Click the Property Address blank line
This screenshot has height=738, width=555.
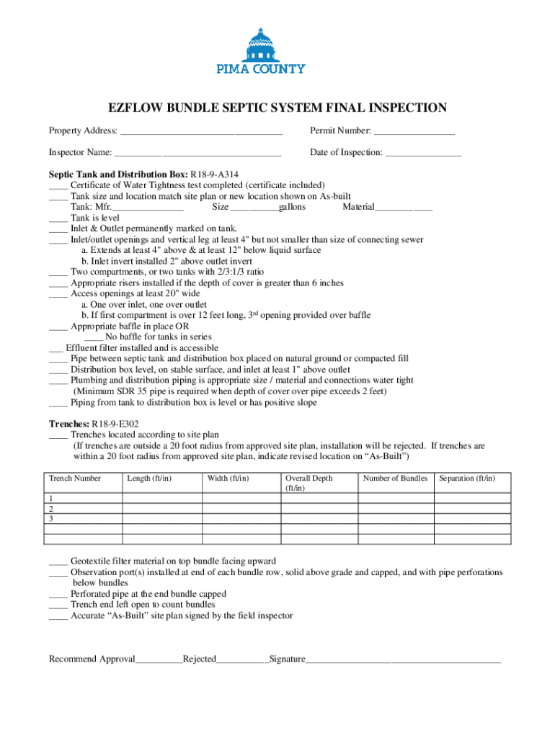201,132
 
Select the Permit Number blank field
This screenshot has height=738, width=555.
414,132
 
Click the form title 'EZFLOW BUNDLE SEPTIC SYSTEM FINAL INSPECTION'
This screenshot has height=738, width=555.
277,108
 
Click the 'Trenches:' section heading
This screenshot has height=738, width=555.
68,424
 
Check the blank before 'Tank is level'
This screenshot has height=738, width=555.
58,218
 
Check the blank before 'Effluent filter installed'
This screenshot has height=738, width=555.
55,348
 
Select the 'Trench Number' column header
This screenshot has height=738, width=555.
75,479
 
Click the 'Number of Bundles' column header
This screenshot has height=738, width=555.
395,479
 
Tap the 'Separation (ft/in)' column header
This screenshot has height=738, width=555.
467,479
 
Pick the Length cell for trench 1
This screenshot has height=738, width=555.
161,498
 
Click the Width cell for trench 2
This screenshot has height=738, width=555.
241,508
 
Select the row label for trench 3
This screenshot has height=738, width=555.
51,518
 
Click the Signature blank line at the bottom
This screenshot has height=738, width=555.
403,660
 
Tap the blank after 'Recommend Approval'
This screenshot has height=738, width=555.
159,660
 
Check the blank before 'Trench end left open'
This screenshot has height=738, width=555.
58,605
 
